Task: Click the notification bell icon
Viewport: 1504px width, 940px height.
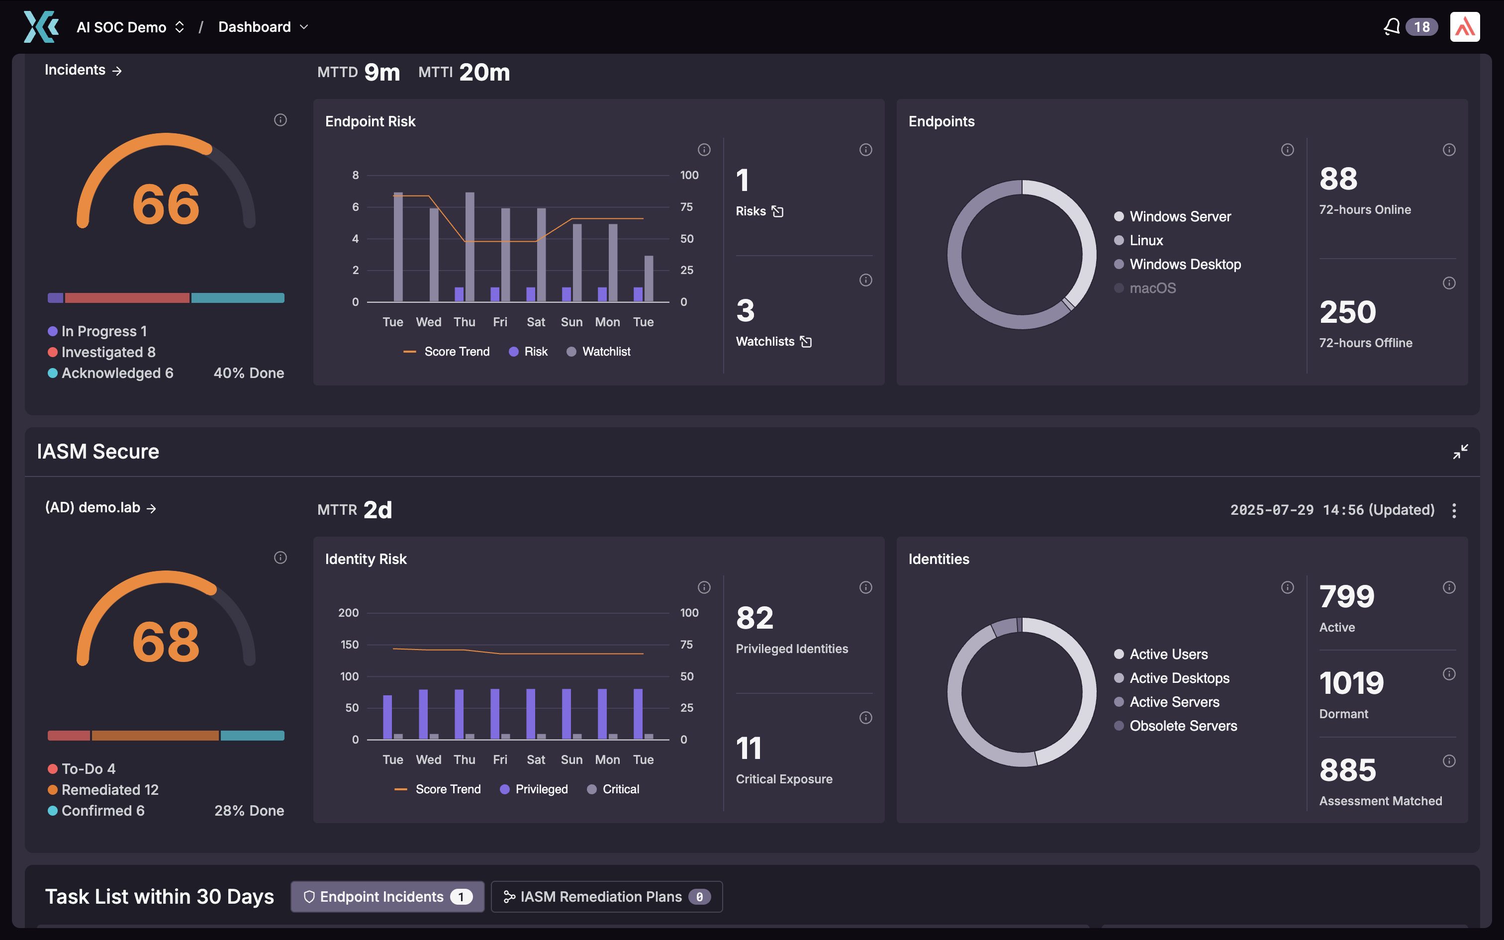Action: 1392,27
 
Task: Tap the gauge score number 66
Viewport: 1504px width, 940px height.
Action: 166,204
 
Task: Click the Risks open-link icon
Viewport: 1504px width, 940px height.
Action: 777,211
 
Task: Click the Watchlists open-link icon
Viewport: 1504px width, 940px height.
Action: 806,342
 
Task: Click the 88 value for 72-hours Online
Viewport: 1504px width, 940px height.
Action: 1338,179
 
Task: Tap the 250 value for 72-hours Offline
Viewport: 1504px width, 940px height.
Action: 1347,312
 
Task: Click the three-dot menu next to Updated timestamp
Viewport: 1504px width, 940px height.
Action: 1454,510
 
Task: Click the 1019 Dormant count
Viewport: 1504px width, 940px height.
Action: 1351,683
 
